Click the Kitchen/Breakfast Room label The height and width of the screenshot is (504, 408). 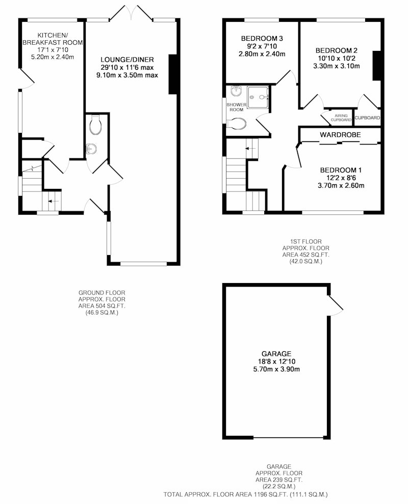tap(53, 39)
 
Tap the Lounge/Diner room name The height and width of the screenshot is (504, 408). tap(127, 60)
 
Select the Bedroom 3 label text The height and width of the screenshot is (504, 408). tap(262, 39)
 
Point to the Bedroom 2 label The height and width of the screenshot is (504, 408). tap(336, 50)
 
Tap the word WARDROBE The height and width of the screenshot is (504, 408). tap(340, 135)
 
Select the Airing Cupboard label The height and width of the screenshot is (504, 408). tap(341, 118)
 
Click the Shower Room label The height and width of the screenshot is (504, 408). tap(236, 107)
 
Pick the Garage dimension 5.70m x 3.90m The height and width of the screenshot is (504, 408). tap(276, 369)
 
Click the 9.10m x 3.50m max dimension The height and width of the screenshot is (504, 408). tap(127, 75)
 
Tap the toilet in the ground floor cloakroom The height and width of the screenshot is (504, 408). tap(95, 125)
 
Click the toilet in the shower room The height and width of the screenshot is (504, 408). tap(237, 123)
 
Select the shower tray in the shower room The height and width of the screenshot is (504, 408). tap(258, 97)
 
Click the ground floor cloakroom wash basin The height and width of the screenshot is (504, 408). tap(91, 149)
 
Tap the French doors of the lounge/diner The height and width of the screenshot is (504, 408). tap(131, 13)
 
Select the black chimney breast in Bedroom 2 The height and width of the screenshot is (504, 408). tap(376, 66)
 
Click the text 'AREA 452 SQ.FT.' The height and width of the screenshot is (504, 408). tap(306, 255)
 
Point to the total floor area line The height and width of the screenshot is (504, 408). tap(245, 494)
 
